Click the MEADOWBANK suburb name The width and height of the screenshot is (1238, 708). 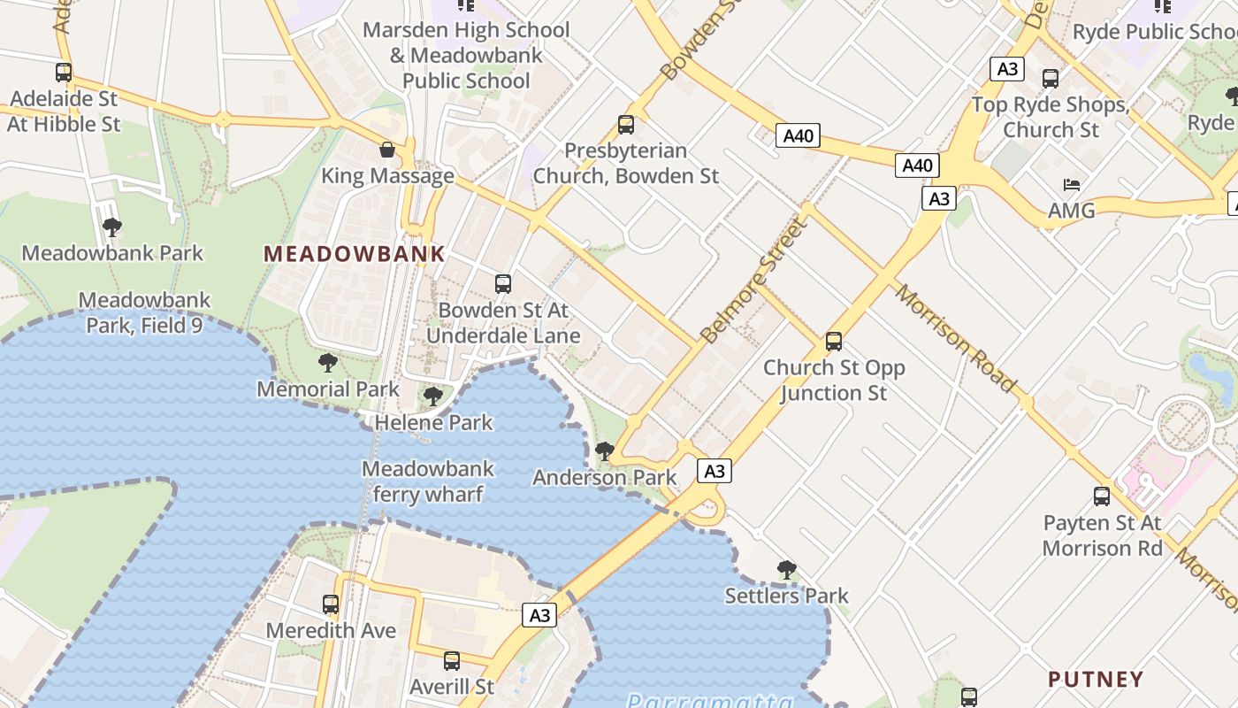(x=354, y=254)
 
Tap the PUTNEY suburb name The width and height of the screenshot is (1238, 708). (x=1096, y=680)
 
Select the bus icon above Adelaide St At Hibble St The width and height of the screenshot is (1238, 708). (x=64, y=73)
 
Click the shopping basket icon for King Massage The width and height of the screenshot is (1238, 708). (x=387, y=150)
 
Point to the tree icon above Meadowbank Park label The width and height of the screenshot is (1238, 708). (x=112, y=227)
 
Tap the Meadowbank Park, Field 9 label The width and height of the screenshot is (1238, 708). (x=145, y=313)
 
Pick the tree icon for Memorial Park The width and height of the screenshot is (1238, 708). (x=328, y=363)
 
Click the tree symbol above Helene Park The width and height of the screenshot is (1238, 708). (x=433, y=396)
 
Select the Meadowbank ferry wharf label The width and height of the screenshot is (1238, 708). (x=428, y=481)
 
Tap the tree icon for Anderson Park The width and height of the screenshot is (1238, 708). (x=605, y=451)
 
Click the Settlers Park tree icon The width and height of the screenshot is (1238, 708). (x=786, y=570)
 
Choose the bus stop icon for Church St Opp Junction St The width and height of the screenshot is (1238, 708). (x=833, y=342)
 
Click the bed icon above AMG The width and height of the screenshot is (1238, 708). (x=1072, y=185)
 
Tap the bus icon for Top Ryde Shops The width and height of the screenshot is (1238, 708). (x=1051, y=79)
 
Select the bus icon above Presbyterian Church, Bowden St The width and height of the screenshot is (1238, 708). (x=626, y=125)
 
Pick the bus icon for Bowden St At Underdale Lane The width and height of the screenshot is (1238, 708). (x=503, y=284)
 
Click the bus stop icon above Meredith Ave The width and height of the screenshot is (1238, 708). (x=331, y=604)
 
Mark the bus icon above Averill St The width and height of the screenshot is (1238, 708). (x=452, y=660)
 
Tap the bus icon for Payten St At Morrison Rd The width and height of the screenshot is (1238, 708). (x=1102, y=496)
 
